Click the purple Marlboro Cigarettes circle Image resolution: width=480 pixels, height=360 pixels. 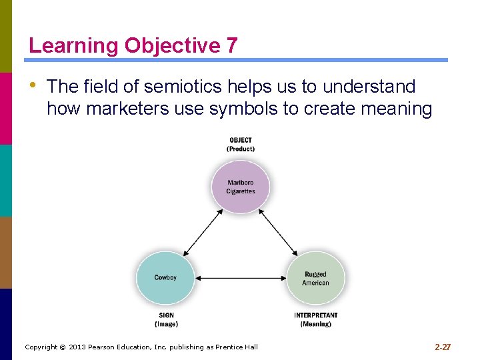pos(240,186)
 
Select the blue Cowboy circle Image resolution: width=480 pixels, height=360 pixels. pos(165,277)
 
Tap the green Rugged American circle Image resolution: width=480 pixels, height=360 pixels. pos(315,278)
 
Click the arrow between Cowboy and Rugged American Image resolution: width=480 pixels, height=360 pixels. pos(240,278)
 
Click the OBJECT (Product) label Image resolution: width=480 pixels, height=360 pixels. pos(240,144)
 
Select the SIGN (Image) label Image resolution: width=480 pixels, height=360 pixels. pos(166,319)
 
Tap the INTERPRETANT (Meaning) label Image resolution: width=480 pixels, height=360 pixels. pos(315,319)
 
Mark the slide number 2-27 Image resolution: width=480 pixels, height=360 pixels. pos(443,347)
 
